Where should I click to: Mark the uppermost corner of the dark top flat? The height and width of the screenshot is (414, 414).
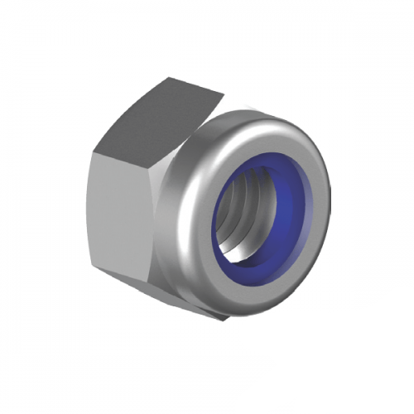170,78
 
